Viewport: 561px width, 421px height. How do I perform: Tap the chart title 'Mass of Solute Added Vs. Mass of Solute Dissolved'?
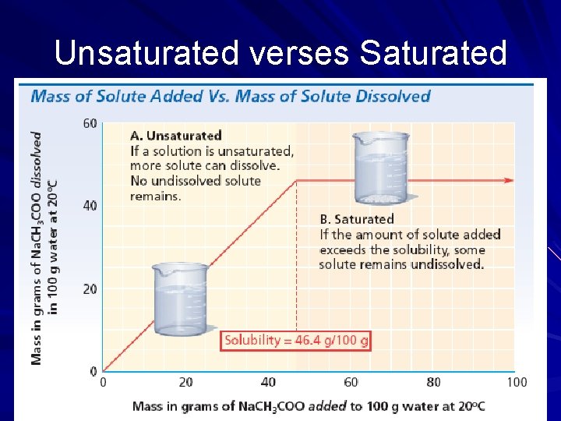point(230,97)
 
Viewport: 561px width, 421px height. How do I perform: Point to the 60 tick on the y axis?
point(90,123)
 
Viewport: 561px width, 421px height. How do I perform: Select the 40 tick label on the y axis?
point(90,206)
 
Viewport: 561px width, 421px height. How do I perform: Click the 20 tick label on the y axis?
point(90,288)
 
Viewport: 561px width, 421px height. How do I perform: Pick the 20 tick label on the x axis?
point(185,382)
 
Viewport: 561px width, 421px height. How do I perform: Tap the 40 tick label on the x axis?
point(268,382)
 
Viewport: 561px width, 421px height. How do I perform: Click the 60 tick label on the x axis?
point(351,382)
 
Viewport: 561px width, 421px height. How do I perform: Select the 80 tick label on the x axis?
point(433,382)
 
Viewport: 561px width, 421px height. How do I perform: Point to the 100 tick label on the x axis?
point(516,382)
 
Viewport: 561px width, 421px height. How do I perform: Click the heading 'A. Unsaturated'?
point(175,136)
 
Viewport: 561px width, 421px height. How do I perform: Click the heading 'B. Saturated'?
point(357,219)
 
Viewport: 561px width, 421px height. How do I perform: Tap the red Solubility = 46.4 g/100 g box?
point(296,341)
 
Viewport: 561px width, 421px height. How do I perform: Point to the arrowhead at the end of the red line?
point(510,180)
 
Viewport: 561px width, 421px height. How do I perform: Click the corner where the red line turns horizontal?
point(295,181)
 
